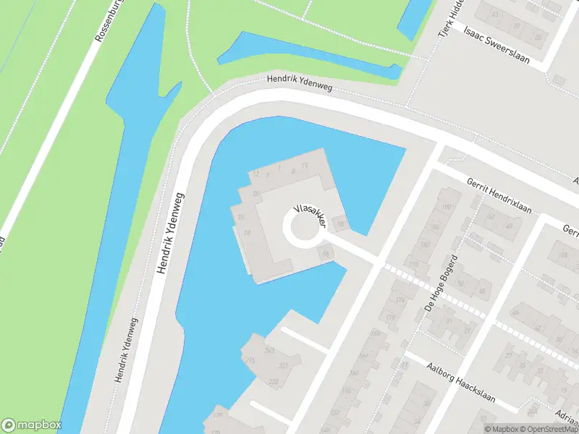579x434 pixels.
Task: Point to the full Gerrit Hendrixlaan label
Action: click(499, 196)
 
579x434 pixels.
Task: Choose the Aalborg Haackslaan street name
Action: click(460, 375)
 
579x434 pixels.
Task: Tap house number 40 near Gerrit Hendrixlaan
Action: click(509, 226)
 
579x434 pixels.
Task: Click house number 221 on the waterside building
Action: click(283, 366)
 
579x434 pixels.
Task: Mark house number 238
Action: click(274, 382)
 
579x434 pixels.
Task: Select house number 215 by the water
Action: click(251, 360)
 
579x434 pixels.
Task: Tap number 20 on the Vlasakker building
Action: click(256, 193)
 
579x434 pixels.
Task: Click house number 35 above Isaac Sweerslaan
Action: click(538, 36)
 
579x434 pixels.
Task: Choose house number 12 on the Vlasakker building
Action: click(255, 174)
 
